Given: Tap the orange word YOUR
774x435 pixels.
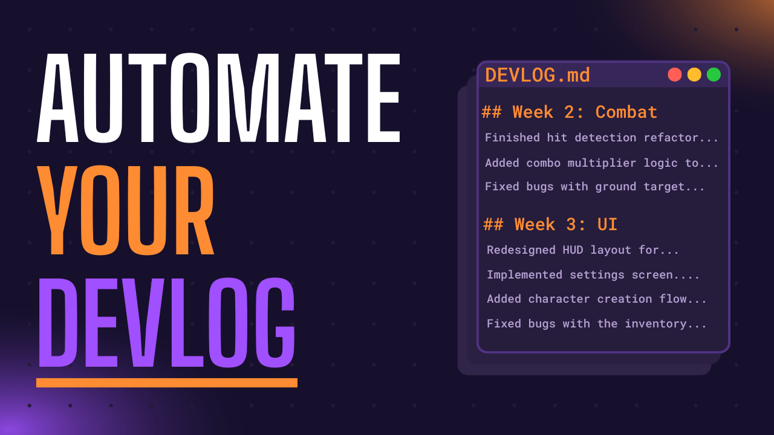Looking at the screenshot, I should tap(126, 210).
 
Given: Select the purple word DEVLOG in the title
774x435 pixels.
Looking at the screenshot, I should tap(166, 323).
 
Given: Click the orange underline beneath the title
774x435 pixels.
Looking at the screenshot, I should tap(166, 382).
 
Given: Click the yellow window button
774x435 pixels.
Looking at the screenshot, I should tap(694, 74).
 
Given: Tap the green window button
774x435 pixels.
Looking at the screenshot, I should tap(714, 74).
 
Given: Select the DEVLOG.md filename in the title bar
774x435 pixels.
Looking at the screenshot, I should tap(537, 76).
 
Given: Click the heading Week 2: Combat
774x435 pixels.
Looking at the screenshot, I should tap(570, 112).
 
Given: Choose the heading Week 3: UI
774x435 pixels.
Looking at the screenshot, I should tap(550, 225).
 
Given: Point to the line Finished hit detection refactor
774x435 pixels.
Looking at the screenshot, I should tap(602, 138).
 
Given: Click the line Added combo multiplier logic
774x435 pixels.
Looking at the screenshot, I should tap(602, 163).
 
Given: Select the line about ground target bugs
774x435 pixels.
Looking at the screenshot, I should tap(595, 187).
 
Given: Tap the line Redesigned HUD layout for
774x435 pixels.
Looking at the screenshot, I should tap(583, 250).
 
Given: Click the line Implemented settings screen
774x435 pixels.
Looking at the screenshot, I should tap(593, 275).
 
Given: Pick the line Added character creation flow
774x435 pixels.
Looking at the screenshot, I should tap(597, 299).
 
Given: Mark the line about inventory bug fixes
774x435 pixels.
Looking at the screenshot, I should tap(597, 324).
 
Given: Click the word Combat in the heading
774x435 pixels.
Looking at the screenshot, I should tap(626, 112).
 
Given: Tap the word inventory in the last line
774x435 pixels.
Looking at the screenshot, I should tap(655, 324).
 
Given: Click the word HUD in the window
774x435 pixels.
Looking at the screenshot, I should tap(573, 250).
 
